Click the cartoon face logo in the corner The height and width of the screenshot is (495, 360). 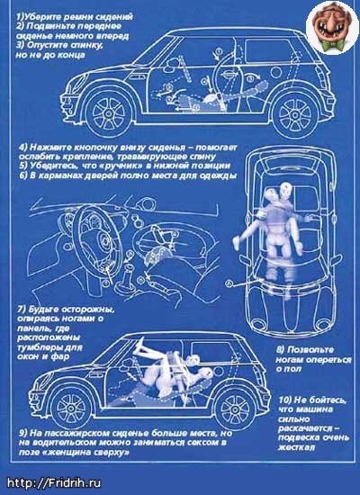(x=332, y=28)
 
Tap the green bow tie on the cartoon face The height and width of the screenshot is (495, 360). (x=332, y=45)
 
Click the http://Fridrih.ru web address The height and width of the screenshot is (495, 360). (x=54, y=482)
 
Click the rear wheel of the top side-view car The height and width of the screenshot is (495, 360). (x=295, y=113)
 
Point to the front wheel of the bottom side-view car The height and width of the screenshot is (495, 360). (x=71, y=408)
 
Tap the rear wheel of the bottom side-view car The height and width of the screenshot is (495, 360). (x=235, y=409)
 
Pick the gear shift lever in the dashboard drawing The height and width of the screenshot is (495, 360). (x=124, y=279)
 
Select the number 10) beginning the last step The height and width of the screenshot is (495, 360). (x=285, y=400)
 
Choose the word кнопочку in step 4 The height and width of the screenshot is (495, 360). (x=98, y=148)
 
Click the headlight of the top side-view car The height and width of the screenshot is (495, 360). (x=76, y=81)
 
